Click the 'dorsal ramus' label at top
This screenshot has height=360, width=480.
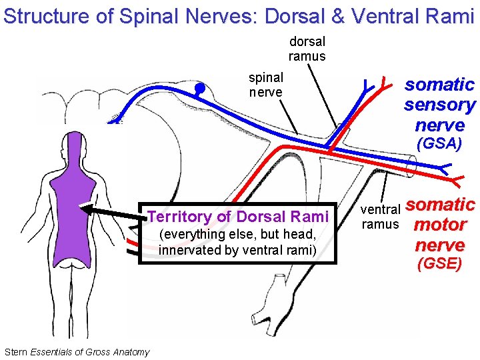(307, 49)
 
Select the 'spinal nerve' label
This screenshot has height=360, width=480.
(265, 85)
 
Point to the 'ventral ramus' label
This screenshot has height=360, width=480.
(380, 217)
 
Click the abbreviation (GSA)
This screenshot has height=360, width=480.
(439, 143)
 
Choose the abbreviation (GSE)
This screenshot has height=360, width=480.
(439, 264)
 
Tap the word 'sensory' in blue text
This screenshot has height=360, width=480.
(439, 105)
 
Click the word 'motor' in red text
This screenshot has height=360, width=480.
(439, 225)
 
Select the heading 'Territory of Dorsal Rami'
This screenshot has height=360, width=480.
(238, 217)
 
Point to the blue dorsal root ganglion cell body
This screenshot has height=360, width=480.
(199, 88)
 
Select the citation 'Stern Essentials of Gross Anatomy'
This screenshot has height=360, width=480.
(77, 352)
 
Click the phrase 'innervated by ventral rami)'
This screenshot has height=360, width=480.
(237, 249)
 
